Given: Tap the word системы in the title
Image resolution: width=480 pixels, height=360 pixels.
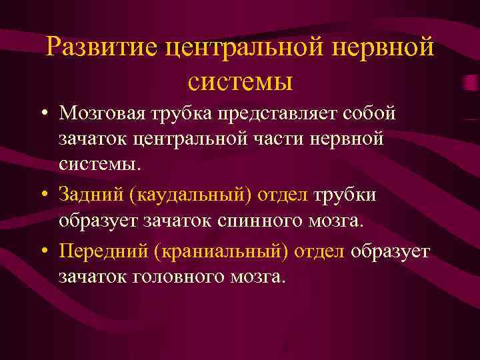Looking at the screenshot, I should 241,81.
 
